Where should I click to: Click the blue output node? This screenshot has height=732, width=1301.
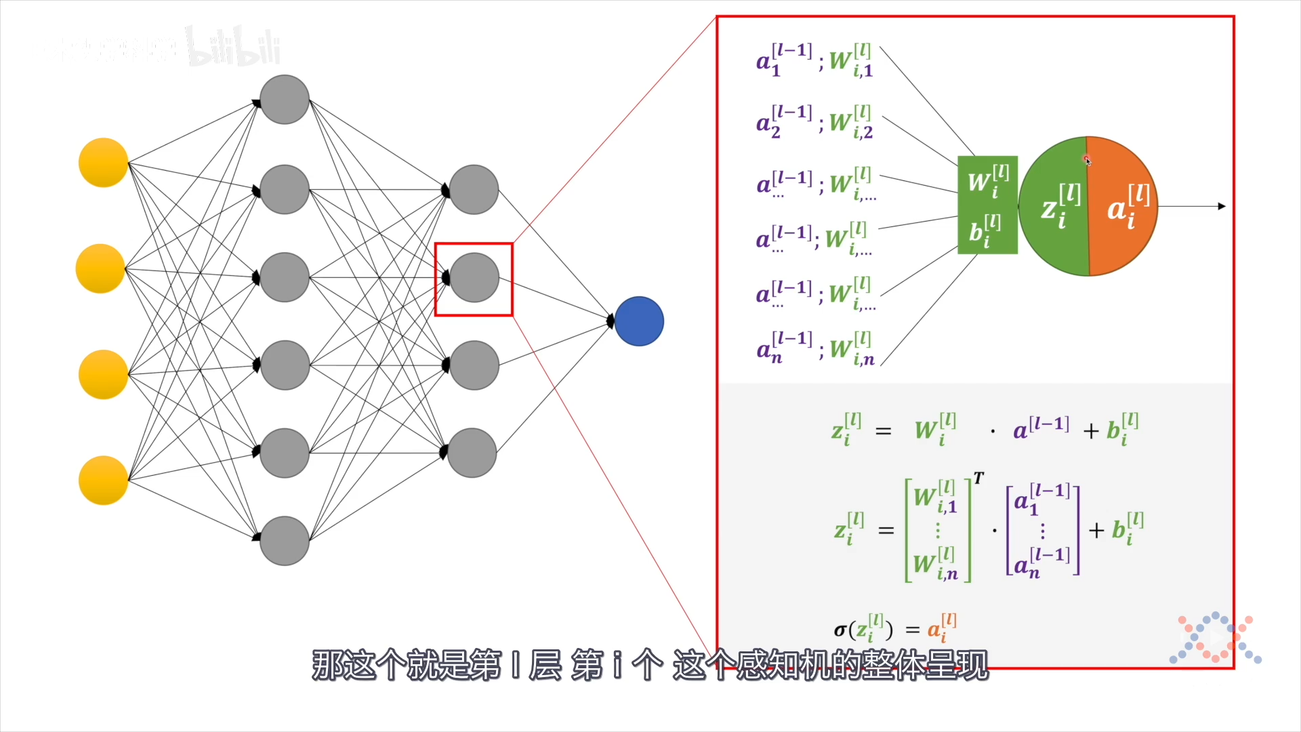click(639, 321)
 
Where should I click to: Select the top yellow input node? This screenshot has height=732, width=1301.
click(103, 163)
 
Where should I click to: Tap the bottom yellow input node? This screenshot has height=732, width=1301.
click(103, 481)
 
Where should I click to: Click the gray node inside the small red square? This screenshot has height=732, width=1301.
click(474, 278)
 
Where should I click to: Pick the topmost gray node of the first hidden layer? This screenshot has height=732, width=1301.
click(285, 100)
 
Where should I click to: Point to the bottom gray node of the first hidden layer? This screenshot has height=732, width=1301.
click(285, 541)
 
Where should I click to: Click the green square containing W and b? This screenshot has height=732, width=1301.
click(987, 205)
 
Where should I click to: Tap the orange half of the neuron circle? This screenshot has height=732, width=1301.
click(1123, 206)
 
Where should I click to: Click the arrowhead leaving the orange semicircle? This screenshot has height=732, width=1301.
click(1222, 206)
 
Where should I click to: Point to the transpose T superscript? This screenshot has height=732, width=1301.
click(978, 479)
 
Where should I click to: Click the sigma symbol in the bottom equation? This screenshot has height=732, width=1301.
click(840, 630)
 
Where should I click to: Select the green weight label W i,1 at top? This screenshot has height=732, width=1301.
click(851, 61)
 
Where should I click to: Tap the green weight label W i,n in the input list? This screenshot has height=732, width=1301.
click(852, 349)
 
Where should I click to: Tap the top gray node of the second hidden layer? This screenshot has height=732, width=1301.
click(474, 190)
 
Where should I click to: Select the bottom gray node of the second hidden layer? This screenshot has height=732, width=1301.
click(472, 453)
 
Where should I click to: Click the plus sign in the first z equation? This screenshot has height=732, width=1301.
click(1090, 431)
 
